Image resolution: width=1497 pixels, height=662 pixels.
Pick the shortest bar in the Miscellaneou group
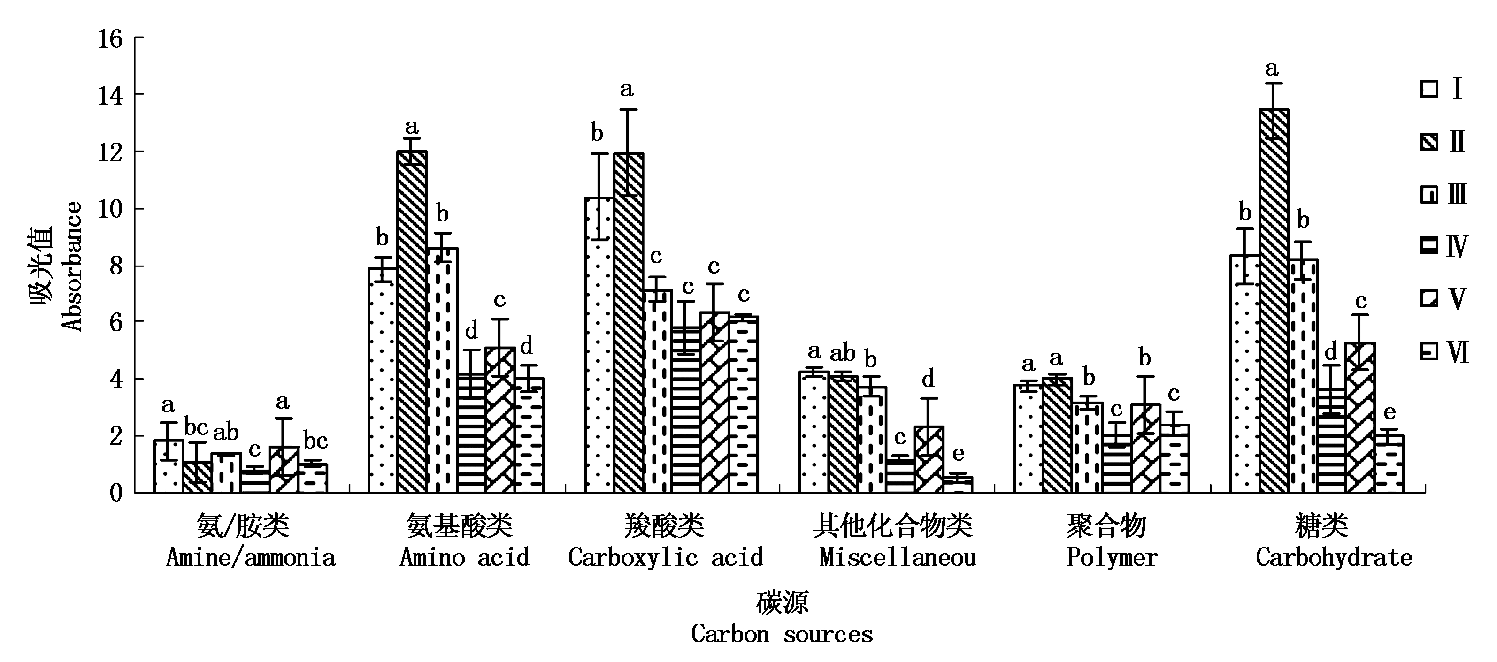point(958,485)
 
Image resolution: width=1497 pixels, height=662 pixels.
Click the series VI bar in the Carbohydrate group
point(1390,464)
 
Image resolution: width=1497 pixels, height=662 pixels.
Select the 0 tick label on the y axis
point(116,494)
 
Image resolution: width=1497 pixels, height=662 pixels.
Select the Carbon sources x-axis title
point(782,634)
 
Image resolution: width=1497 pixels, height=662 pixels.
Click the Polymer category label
point(1112,558)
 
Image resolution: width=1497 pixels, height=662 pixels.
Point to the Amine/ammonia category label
point(251,558)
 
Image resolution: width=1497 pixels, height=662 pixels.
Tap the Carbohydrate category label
point(1333,558)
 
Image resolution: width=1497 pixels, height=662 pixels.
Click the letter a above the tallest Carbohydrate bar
point(1272,69)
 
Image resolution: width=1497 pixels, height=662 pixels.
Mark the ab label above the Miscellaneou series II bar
point(843,352)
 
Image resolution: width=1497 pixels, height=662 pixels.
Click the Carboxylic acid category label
point(665,558)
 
